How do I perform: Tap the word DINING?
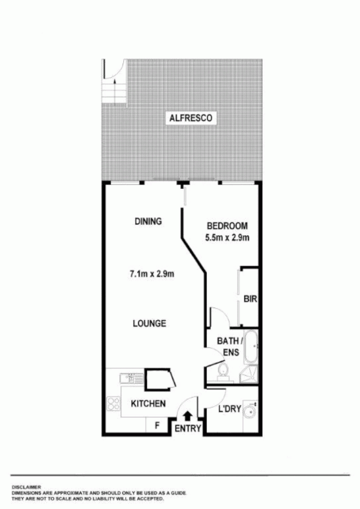(148, 221)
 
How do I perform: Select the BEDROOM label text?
(227, 225)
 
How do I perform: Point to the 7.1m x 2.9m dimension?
(151, 274)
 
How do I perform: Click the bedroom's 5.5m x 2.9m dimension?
(227, 238)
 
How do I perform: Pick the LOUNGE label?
(149, 323)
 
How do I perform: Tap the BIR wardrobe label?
(249, 299)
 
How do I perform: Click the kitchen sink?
(127, 378)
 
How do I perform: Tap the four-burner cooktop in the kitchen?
(113, 404)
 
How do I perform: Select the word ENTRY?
(188, 429)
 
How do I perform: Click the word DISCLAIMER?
(26, 486)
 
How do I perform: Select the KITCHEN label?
(148, 403)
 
